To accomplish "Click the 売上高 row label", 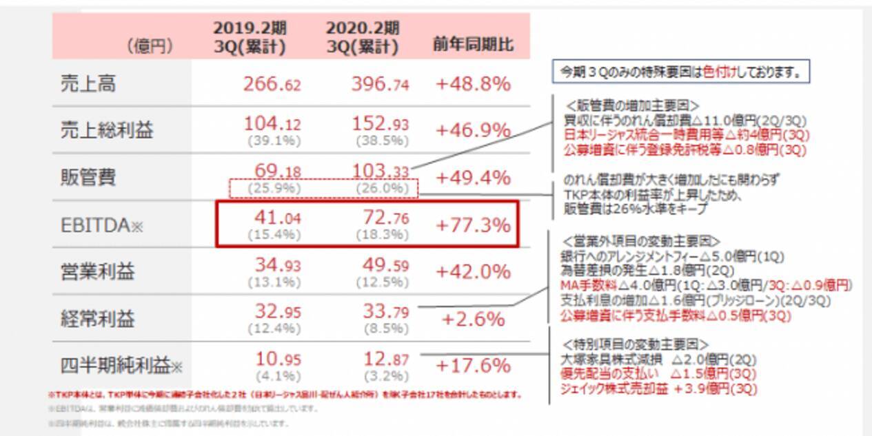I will [x=88, y=84].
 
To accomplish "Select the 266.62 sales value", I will [x=272, y=84].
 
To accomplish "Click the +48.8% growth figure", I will [x=473, y=84].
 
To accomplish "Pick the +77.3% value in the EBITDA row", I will [x=473, y=225].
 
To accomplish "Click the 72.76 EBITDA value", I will [x=385, y=218].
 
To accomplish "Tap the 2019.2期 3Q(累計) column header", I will [x=250, y=37].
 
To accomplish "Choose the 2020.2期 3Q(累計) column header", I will [x=363, y=37].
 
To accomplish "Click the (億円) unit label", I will [x=150, y=47].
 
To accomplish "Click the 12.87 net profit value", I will [x=385, y=359].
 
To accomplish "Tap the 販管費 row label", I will [x=88, y=178].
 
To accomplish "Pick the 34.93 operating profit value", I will [x=272, y=265].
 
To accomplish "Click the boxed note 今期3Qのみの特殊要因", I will [x=681, y=71].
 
